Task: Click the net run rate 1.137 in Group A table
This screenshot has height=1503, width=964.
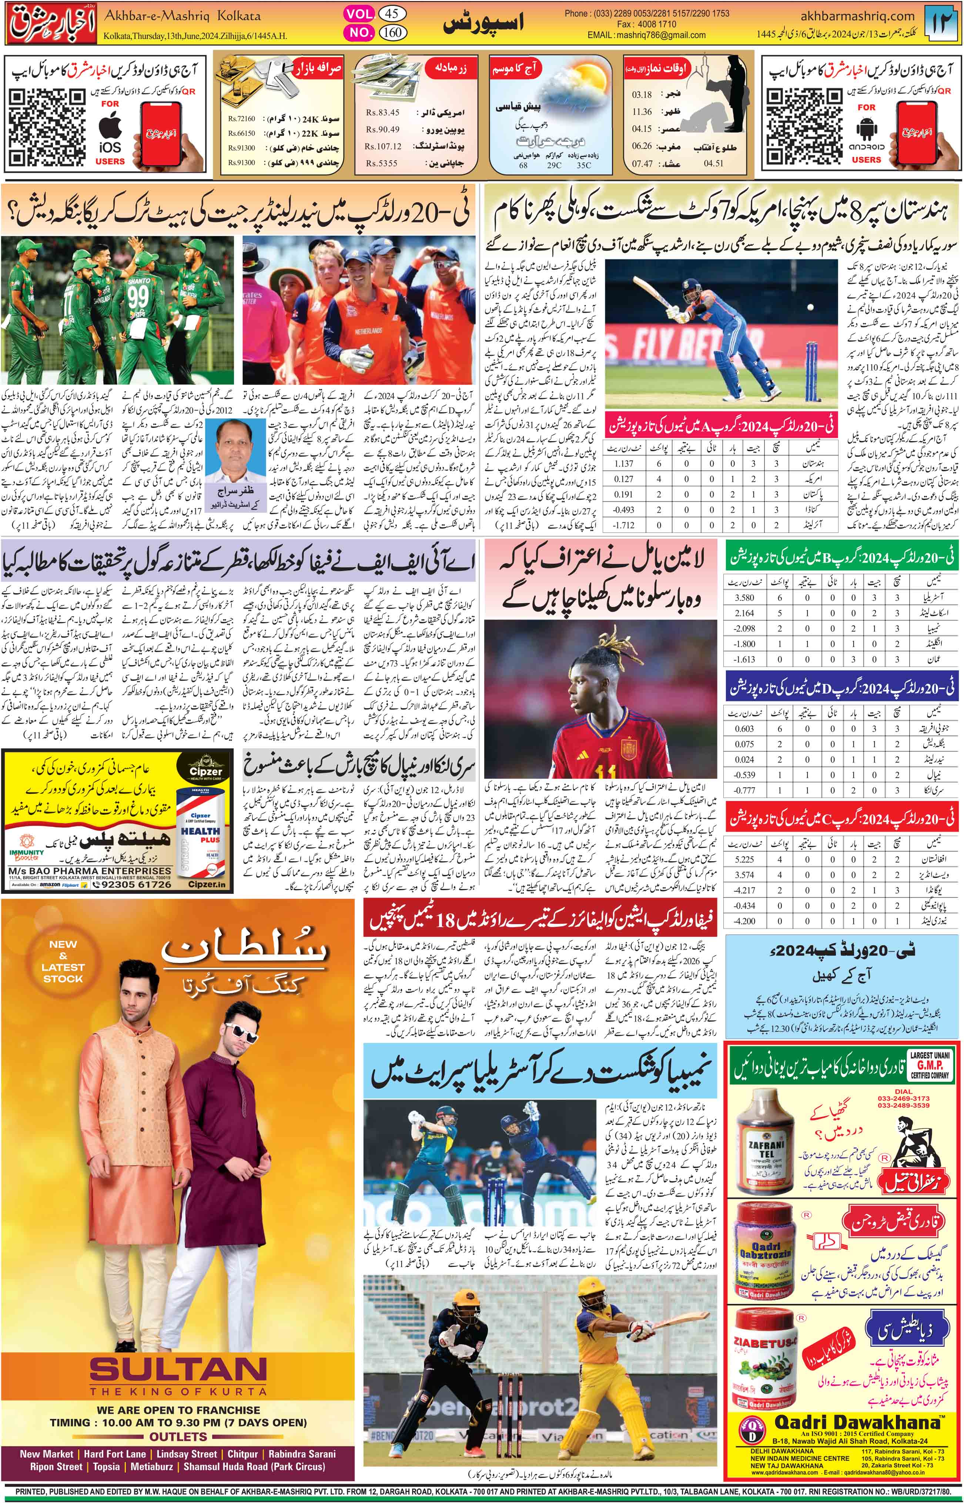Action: coord(624,464)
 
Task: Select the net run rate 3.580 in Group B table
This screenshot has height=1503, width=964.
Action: coord(744,598)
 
